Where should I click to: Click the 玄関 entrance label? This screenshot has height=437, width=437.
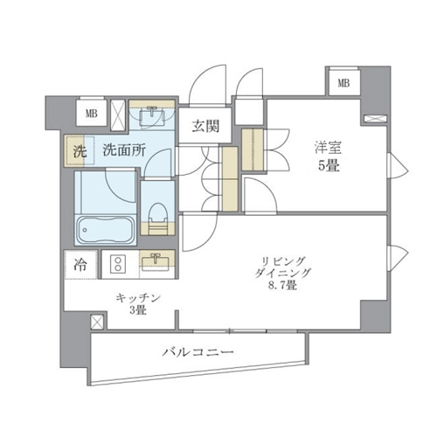click(205, 126)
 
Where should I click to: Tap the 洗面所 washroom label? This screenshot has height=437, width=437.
click(124, 150)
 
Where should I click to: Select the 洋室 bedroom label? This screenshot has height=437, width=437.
click(329, 148)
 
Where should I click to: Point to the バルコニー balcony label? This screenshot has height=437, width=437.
click(198, 352)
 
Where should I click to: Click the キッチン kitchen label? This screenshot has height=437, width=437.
click(138, 298)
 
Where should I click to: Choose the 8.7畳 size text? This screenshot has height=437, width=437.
click(282, 285)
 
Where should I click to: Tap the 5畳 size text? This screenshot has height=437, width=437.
click(329, 166)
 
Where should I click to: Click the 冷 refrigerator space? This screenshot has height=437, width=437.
click(80, 265)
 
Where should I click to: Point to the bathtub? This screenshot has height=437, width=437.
click(106, 230)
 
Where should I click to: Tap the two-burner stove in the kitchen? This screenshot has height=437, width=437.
click(118, 264)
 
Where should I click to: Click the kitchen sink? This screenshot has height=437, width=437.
click(156, 260)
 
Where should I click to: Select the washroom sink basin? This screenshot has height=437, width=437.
click(151, 117)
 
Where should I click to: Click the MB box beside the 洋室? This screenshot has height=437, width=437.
click(343, 83)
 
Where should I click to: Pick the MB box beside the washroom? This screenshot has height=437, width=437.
click(91, 113)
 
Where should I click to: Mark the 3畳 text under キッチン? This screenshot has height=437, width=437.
click(138, 310)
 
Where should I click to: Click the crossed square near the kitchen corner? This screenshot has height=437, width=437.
click(97, 323)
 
